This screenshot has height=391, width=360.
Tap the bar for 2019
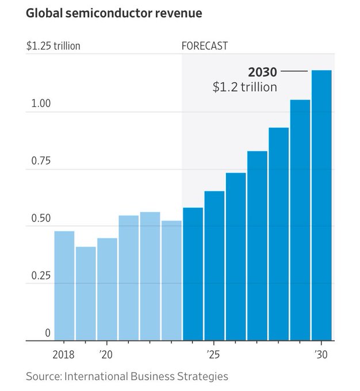(86, 293)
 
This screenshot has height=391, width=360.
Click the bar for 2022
(150, 277)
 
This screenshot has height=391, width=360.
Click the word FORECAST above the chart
(205, 45)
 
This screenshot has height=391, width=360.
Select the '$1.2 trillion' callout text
(245, 87)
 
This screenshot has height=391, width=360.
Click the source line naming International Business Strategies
(127, 377)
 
